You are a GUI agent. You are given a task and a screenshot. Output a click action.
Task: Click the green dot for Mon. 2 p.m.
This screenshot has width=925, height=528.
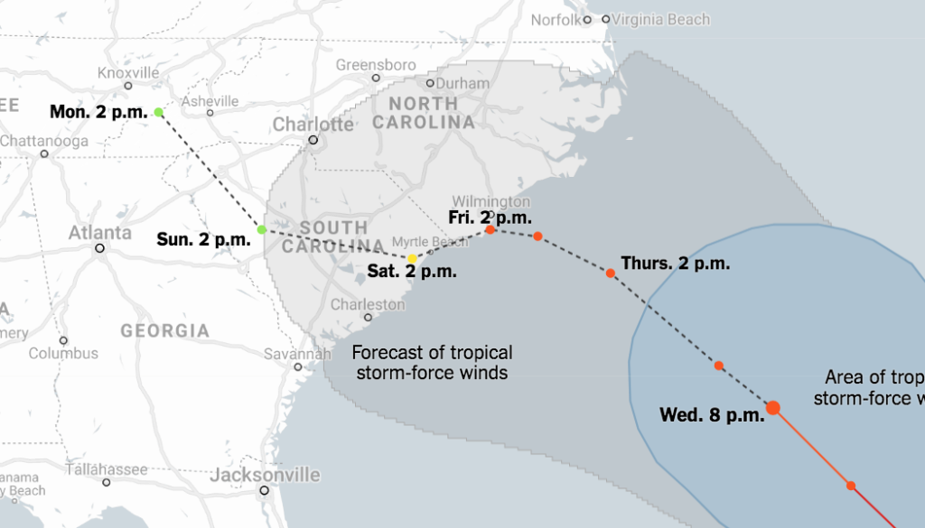159,113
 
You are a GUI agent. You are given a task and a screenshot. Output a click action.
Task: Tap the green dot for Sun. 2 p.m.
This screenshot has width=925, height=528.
262,230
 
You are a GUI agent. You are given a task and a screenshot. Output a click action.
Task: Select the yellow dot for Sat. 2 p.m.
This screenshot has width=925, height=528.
413,259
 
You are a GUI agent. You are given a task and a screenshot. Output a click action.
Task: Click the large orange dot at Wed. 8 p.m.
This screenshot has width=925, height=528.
773,408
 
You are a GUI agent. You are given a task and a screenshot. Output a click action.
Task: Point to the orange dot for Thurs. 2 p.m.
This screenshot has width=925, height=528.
611,273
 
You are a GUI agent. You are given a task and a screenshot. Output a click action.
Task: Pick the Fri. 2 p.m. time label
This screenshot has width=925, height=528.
490,217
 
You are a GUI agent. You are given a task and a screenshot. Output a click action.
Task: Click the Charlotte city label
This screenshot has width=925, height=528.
313,124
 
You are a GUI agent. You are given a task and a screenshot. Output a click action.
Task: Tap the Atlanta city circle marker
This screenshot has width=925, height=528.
100,248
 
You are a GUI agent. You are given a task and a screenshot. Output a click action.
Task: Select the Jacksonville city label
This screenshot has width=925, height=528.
265,475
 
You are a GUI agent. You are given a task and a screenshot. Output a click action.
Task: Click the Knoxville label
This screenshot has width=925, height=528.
127,73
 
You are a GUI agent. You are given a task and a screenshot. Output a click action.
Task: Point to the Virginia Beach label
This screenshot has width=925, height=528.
660,19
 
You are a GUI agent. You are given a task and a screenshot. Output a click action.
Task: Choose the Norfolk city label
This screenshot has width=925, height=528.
555,19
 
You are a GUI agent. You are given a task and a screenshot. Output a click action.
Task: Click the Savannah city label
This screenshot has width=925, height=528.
298,354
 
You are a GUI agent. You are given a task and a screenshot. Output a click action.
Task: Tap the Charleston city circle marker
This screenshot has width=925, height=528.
369,318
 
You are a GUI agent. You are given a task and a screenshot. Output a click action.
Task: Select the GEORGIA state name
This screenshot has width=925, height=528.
165,331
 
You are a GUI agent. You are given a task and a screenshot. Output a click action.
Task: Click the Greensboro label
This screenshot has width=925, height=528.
376,65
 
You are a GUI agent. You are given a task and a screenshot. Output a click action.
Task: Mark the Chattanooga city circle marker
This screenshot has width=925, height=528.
43,154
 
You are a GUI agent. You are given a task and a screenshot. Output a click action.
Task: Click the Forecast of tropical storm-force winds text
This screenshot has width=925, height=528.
432,362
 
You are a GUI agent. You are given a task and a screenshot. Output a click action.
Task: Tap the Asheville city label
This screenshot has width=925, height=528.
210,101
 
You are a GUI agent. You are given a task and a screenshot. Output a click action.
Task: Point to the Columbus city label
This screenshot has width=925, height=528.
63,353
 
